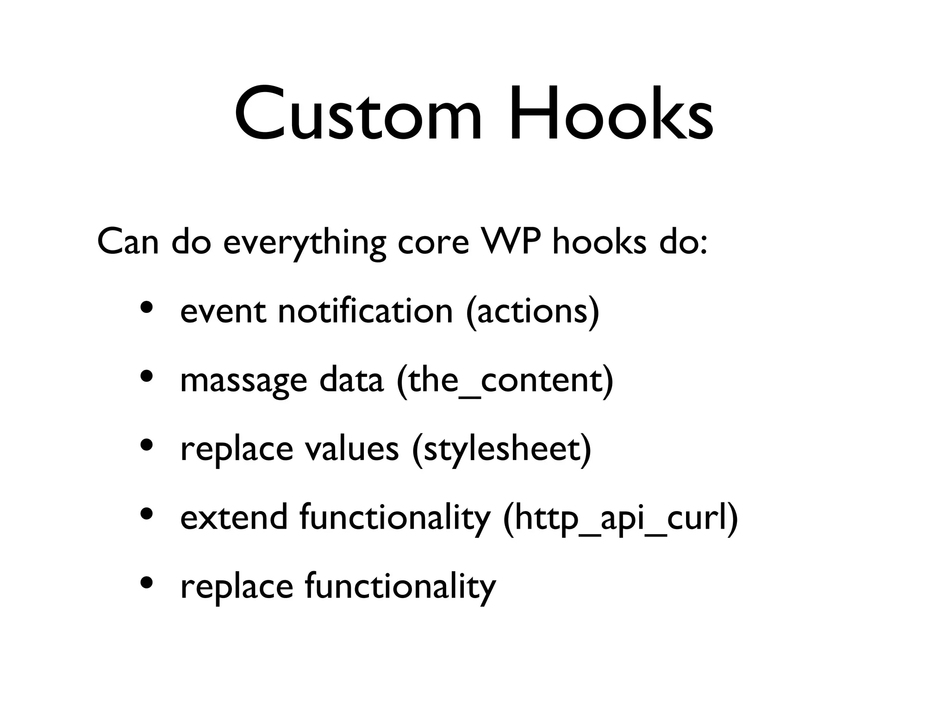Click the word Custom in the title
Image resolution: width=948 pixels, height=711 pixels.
coord(359,113)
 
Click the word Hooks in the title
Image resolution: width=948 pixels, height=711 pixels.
coord(611,113)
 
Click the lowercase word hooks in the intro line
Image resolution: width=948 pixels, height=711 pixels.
coord(599,242)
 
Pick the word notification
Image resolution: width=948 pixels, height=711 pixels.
coord(365,311)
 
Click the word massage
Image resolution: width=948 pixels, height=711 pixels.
coord(243,381)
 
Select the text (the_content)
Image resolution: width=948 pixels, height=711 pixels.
coord(505,381)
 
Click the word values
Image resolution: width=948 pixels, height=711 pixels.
coord(351,449)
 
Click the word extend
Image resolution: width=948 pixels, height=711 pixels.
coord(233,517)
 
